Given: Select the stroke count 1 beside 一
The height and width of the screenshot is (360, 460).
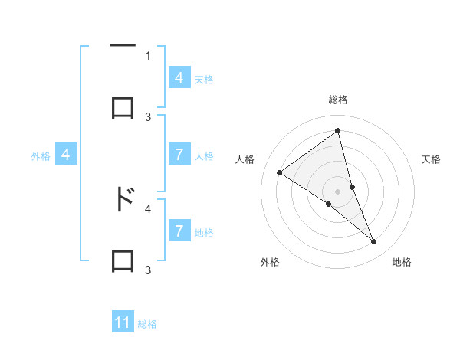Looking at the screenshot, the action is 148,55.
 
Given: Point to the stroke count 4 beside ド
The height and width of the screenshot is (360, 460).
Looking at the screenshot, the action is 148,208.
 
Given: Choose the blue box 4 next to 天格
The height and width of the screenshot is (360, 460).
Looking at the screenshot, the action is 179,78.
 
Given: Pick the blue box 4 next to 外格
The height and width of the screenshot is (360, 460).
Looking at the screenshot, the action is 66,155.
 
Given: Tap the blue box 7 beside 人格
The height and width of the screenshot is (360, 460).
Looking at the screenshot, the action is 179,155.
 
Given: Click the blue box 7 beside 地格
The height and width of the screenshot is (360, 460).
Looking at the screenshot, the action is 179,231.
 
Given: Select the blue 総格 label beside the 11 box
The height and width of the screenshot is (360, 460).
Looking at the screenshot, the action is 147,324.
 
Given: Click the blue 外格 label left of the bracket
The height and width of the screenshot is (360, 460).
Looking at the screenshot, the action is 41,156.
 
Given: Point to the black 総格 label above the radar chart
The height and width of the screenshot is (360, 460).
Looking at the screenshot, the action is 337,100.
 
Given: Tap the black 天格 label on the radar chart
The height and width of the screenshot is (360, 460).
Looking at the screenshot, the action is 432,159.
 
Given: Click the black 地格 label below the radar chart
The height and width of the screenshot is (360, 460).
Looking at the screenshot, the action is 402,263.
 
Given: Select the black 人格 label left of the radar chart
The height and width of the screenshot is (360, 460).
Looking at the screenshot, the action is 245,159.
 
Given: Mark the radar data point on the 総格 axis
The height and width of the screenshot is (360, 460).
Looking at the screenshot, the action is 337,131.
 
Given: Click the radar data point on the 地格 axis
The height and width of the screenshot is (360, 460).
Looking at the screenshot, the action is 373,241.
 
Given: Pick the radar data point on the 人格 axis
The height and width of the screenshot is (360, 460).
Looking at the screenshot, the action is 280,172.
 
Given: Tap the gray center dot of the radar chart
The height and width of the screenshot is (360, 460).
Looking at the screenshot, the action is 337,191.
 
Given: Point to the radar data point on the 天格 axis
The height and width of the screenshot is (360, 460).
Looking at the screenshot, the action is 352,186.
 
